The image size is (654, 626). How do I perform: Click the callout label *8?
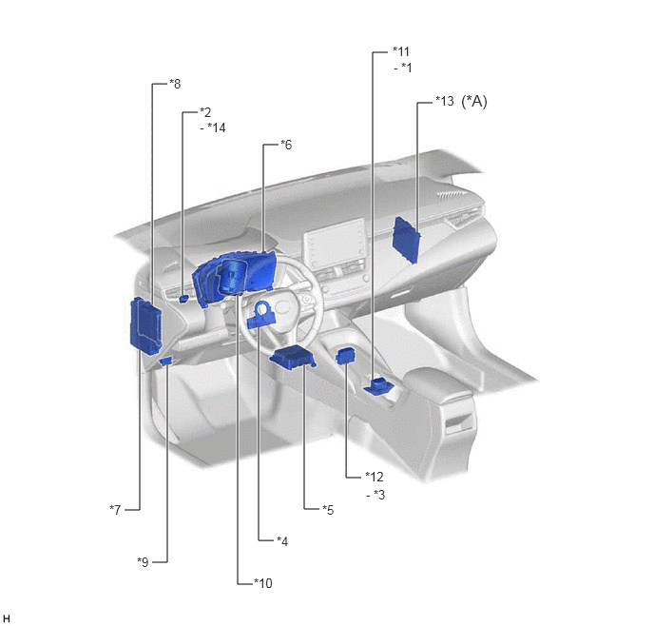175,84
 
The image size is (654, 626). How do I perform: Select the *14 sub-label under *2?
217,127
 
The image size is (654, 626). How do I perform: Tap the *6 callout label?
286,145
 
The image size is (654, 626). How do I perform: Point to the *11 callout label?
401,51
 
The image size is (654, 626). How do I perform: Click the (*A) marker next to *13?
474,102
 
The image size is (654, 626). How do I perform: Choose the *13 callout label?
445,101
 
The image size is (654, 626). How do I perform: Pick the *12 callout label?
375,477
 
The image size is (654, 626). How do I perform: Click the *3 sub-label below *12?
379,495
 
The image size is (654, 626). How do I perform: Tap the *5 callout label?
328,510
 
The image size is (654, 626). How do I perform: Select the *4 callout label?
282,541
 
